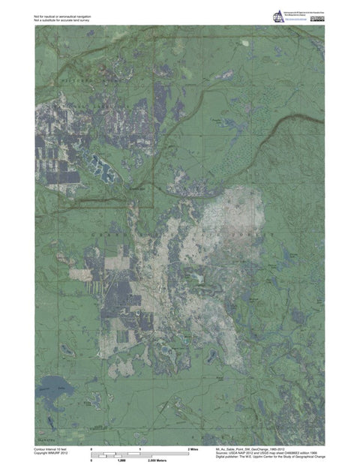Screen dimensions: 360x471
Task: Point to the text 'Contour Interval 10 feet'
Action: pyautogui.click(x=53, y=448)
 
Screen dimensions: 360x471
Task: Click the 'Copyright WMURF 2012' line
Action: pyautogui.click(x=52, y=452)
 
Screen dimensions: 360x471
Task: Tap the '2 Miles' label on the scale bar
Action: pyautogui.click(x=193, y=448)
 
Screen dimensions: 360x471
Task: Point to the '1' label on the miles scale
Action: pyautogui.click(x=140, y=448)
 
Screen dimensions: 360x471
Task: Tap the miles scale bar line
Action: pyautogui.click(x=140, y=453)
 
